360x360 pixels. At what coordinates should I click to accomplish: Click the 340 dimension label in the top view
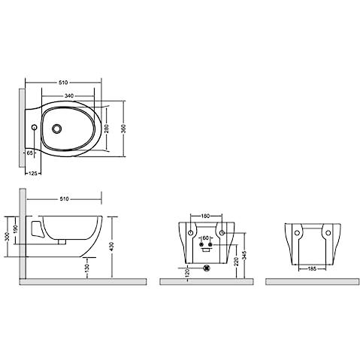coord(69,95)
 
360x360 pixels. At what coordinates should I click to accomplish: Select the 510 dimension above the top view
coord(63,83)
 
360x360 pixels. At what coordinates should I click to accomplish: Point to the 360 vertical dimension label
coord(124,129)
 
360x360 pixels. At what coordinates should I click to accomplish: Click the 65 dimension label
coord(29,153)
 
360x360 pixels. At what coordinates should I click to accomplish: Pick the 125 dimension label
coord(34,173)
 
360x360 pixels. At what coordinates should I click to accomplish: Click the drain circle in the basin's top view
coord(56,129)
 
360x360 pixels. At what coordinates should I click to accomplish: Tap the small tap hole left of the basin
coord(35,127)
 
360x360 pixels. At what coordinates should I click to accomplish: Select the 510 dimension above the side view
coord(64,199)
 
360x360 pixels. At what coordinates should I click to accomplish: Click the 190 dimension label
coord(16,228)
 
